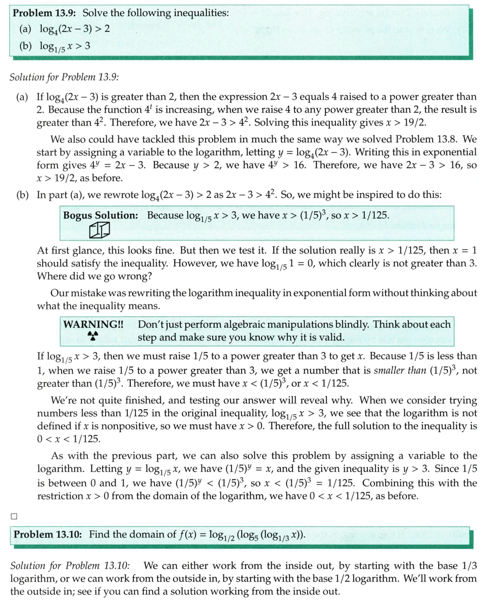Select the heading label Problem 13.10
click(x=48, y=534)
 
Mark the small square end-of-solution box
click(x=14, y=516)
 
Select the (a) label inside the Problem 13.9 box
click(x=26, y=29)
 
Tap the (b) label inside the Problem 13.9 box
click(x=26, y=46)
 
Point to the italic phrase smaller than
click(x=395, y=370)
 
